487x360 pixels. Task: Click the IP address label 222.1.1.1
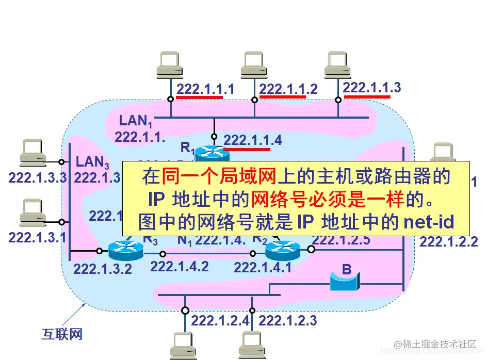point(205,89)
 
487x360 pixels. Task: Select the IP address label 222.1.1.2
point(288,89)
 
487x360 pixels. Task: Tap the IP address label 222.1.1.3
point(371,87)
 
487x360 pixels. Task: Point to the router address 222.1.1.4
point(253,140)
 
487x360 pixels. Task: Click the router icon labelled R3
point(125,251)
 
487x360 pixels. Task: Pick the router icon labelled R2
point(283,251)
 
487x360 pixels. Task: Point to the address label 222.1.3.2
point(103,269)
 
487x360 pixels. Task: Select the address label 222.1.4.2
point(180,267)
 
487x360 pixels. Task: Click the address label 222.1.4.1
point(263,267)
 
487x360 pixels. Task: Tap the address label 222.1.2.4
point(220,321)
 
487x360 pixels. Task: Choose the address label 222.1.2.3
point(287,321)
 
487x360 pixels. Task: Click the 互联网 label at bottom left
point(62,334)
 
